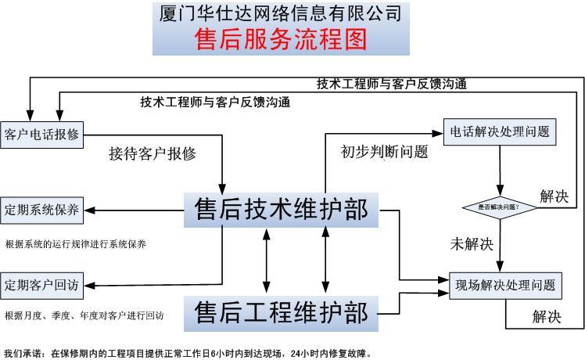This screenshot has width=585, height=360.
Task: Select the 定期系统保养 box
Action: click(x=41, y=210)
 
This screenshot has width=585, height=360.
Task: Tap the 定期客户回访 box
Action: click(x=41, y=283)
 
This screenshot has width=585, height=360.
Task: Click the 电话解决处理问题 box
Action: click(x=500, y=132)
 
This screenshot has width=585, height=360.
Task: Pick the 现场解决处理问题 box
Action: click(x=505, y=285)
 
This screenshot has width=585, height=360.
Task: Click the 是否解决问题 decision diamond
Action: click(x=501, y=207)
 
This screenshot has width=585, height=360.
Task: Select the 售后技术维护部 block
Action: click(x=281, y=211)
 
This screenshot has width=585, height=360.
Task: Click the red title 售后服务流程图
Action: click(x=281, y=38)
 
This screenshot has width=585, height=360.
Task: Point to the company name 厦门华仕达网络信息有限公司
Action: click(x=281, y=13)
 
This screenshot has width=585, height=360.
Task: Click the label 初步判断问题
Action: click(x=384, y=152)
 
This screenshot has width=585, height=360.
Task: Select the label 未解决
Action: click(x=472, y=243)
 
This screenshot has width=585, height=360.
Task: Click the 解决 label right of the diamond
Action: click(x=554, y=196)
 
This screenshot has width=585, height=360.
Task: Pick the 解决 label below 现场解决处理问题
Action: click(x=547, y=317)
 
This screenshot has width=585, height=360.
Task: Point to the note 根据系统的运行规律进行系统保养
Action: click(x=75, y=244)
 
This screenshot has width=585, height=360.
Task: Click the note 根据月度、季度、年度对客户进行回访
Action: click(x=84, y=316)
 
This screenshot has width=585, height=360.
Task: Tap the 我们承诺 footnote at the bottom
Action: click(x=188, y=354)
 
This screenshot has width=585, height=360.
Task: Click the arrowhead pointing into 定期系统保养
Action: click(x=88, y=210)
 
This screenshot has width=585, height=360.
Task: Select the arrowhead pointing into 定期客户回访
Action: click(x=88, y=283)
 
